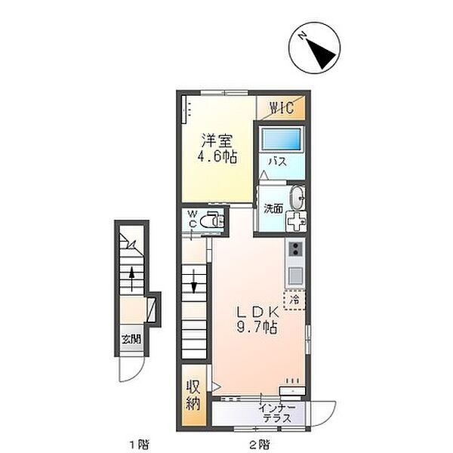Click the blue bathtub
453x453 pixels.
coord(281,140)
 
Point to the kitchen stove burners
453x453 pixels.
coord(295,250)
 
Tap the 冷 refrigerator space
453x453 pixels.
coord(295,300)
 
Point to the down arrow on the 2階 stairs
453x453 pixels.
coord(194,285)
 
